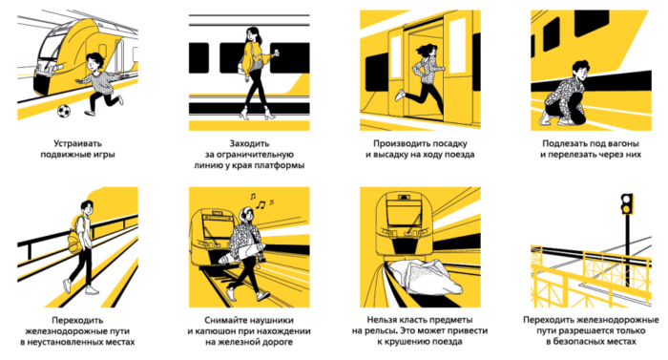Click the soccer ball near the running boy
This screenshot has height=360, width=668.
click(x=64, y=112)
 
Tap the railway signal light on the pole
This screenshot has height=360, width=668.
click(x=627, y=204)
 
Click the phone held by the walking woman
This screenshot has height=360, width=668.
click(x=277, y=52)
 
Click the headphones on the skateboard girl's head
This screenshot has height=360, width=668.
click(x=246, y=213)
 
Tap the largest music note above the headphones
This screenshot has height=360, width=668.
click(x=261, y=204)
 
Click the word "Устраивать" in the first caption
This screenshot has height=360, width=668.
click(x=77, y=143)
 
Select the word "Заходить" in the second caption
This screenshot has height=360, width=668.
click(x=249, y=143)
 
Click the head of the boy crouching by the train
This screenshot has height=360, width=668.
click(x=580, y=69)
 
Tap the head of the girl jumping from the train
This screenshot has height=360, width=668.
click(x=428, y=51)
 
